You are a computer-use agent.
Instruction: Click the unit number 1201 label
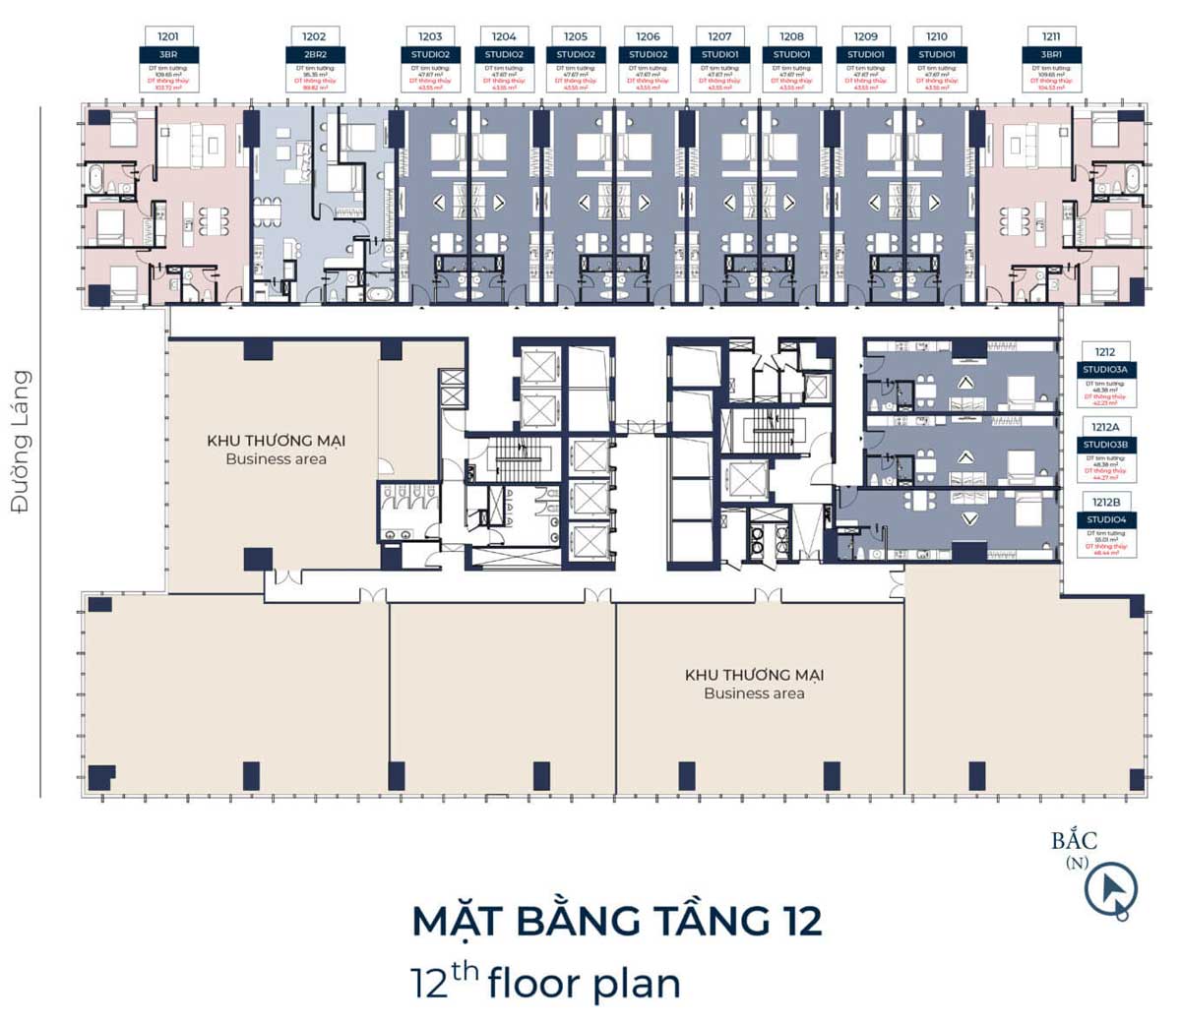[168, 36]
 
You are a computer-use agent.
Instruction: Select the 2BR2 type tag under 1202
[314, 54]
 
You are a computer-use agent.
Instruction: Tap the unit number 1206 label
[648, 36]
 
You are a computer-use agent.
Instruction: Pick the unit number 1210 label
[936, 36]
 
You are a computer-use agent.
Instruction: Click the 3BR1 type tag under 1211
[1051, 54]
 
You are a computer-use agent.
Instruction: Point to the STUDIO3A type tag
[1105, 370]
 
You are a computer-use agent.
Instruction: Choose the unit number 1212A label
[1105, 427]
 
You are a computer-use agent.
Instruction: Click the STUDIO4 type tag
[1105, 519]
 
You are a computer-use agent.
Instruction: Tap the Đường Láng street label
[21, 442]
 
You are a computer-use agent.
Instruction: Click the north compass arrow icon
[1111, 889]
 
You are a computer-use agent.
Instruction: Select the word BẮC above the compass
[1074, 841]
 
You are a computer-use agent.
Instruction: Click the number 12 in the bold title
[802, 922]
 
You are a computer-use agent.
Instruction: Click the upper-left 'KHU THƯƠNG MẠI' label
[276, 441]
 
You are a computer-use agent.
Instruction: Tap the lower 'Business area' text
[754, 693]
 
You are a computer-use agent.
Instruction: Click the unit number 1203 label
[430, 36]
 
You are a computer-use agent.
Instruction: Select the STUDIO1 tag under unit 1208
[791, 54]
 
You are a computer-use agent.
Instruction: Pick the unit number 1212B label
[1105, 502]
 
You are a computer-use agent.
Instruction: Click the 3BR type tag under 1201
[168, 54]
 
